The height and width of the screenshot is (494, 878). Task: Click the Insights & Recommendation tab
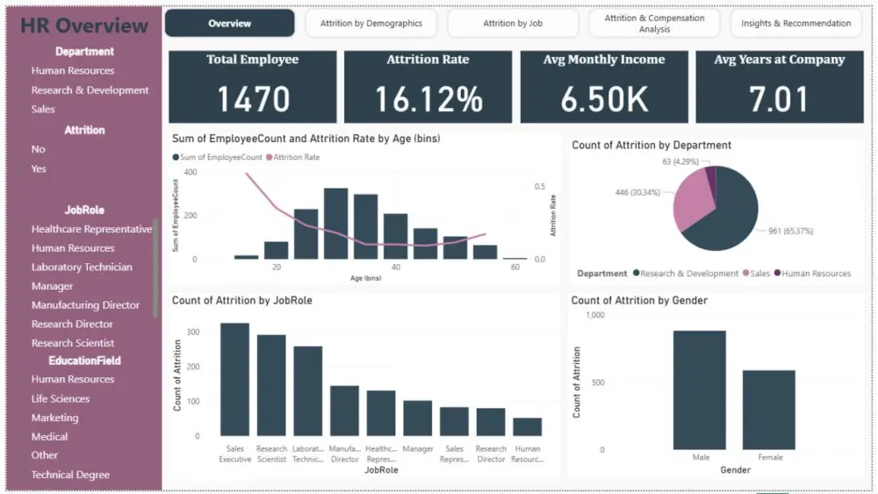tap(795, 24)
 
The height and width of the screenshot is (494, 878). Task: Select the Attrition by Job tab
tap(512, 24)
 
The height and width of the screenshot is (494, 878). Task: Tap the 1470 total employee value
tap(253, 99)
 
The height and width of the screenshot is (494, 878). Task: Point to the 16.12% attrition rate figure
tap(428, 99)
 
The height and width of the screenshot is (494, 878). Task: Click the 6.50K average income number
tap(605, 99)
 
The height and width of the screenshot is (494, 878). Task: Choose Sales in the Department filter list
tap(43, 110)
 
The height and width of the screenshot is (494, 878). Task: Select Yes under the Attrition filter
tap(39, 168)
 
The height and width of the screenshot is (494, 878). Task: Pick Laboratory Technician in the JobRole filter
tap(82, 268)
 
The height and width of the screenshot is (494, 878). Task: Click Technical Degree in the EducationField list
tap(70, 475)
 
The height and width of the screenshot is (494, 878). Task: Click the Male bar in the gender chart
tap(699, 390)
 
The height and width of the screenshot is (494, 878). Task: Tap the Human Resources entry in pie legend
tap(816, 274)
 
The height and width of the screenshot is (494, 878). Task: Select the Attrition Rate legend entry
tap(296, 158)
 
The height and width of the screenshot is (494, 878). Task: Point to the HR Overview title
tap(84, 25)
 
